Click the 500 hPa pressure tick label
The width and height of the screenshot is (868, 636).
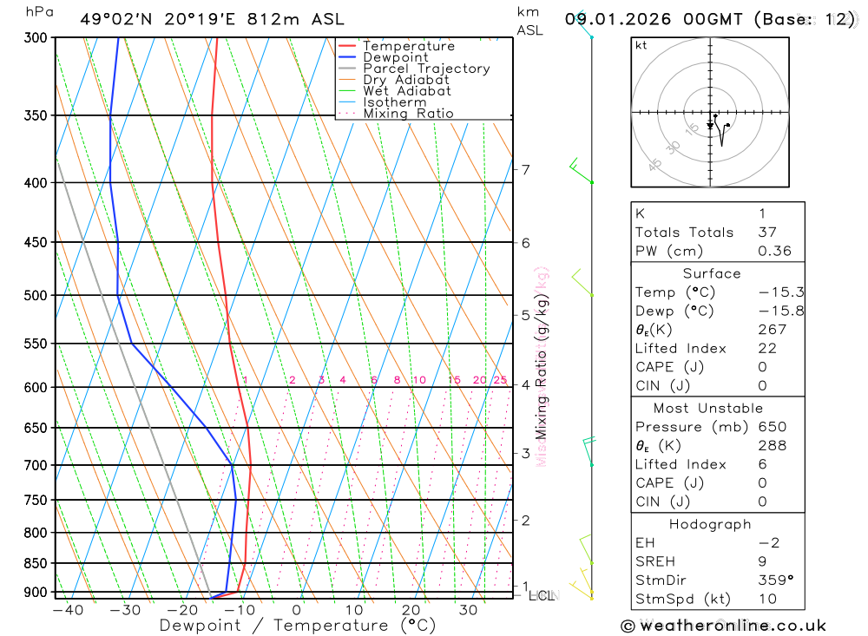point(35,295)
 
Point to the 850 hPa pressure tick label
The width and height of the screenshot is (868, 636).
point(35,563)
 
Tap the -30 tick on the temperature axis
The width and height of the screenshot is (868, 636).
point(125,610)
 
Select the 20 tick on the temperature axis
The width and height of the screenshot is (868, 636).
point(411,610)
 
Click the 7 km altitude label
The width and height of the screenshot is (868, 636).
point(526,169)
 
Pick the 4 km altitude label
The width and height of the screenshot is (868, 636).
point(526,384)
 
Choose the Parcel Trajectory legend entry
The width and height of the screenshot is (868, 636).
point(426,69)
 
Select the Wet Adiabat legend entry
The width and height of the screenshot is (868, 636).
point(407,91)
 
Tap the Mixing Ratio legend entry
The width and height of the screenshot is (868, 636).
point(408,114)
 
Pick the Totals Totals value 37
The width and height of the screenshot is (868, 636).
point(767,232)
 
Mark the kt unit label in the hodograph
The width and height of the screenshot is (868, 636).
point(641,46)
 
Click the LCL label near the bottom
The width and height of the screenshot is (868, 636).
point(542,595)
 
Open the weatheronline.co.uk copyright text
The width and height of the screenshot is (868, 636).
point(724,626)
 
